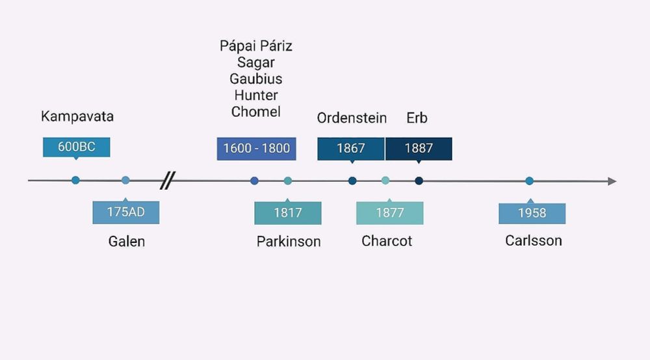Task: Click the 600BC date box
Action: coord(76,147)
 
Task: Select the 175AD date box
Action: coord(126,212)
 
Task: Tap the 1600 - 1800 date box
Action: coord(256,149)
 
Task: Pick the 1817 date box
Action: coord(288,213)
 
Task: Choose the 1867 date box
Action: coord(351,149)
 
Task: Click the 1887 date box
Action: coord(419,149)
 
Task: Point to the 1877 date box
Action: coord(389,213)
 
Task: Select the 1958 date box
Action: coord(532,213)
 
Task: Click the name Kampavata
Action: coord(77,116)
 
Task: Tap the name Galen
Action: coord(127,241)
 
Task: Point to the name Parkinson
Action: coord(289,241)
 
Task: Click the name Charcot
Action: coord(387,240)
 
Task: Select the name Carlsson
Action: coord(534,240)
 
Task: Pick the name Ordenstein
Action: coord(352,118)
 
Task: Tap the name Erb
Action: coord(417,118)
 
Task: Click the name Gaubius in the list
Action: coord(255,79)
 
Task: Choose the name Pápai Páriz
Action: coord(255,45)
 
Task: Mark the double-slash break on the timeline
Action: coord(168,180)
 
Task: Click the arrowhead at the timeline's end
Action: coord(612,181)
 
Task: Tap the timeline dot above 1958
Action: coord(529,181)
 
